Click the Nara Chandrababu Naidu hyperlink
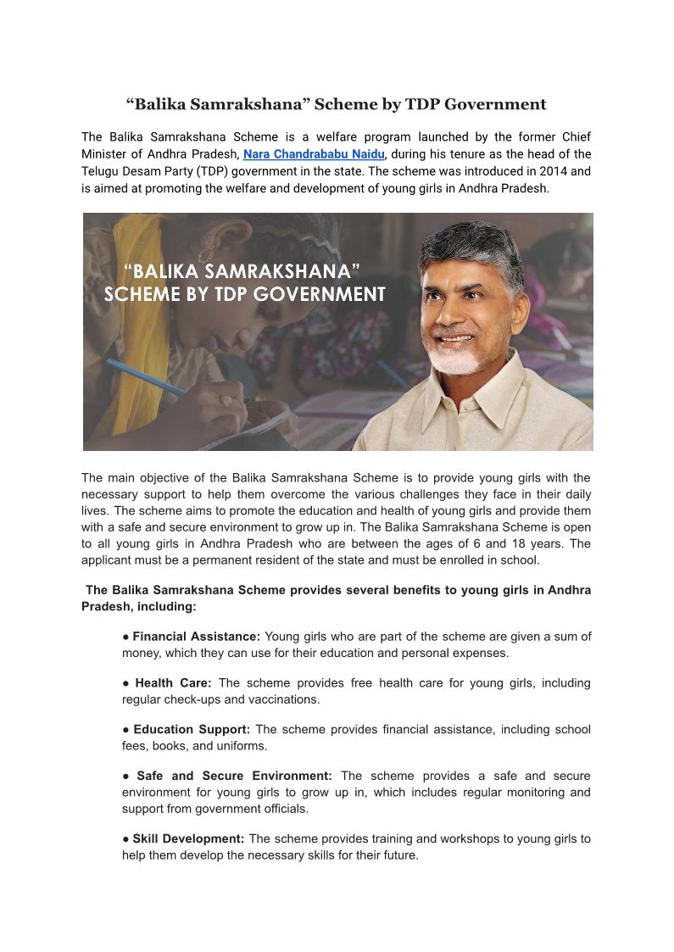(314, 154)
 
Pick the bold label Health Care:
(173, 683)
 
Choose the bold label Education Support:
(192, 730)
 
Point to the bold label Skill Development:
(188, 839)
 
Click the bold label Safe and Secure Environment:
(235, 777)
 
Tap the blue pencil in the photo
(144, 376)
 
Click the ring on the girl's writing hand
(227, 398)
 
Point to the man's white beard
(458, 359)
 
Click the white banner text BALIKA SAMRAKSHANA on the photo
(242, 272)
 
